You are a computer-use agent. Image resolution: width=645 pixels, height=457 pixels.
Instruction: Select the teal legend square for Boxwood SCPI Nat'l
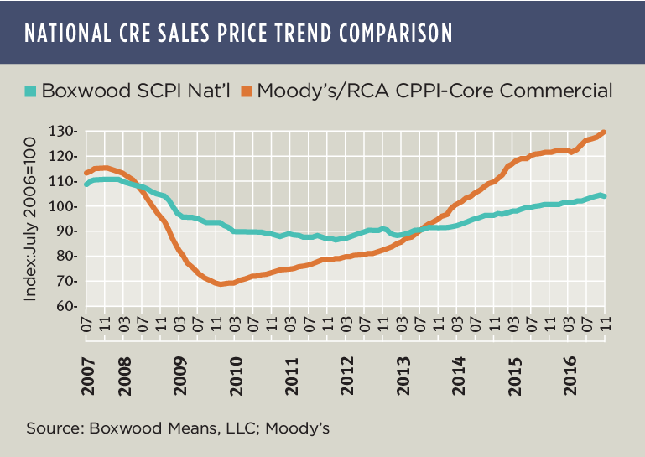[x=31, y=90]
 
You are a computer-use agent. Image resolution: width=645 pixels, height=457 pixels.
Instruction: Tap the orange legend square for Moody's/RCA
[x=247, y=90]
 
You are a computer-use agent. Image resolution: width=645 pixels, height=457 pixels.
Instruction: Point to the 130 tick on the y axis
[x=64, y=132]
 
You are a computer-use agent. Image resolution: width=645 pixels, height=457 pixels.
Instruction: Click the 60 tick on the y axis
[x=67, y=307]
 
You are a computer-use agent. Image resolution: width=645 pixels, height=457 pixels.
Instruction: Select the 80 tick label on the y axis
[x=67, y=257]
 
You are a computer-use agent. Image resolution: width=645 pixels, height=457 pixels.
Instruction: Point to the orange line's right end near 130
[x=604, y=132]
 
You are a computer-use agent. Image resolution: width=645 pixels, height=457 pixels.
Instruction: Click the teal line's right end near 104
[x=604, y=196]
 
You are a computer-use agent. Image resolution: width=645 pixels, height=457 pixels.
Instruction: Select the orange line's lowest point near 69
[x=220, y=284]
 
